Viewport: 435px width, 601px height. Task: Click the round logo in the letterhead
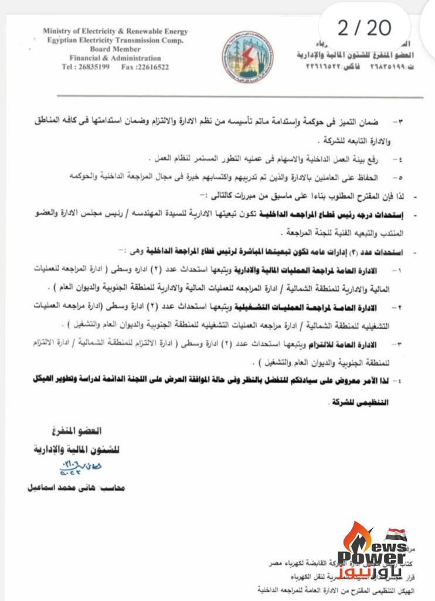point(247,56)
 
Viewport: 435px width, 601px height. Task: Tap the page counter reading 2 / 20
point(364,27)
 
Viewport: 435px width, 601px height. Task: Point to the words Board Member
point(114,49)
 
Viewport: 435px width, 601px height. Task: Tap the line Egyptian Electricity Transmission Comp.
point(115,40)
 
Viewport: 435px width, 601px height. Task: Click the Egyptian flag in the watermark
point(396,535)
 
